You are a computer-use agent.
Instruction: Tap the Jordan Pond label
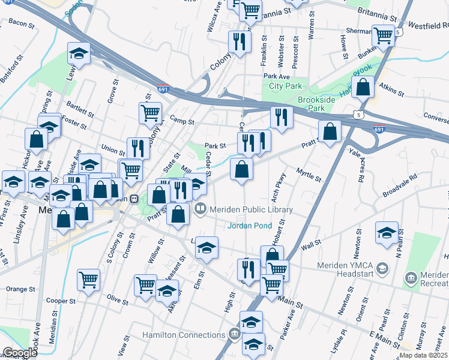click(250, 226)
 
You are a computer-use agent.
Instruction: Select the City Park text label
click(285, 86)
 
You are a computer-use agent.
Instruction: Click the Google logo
click(20, 353)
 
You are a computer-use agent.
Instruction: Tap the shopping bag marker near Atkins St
click(363, 88)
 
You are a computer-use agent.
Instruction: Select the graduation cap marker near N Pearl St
click(387, 232)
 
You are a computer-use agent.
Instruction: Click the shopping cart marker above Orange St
click(89, 279)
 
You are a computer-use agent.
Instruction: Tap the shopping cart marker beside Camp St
click(150, 112)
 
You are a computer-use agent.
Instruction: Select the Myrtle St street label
click(309, 175)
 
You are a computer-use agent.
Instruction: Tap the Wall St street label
click(312, 245)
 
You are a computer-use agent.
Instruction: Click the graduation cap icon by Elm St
click(206, 247)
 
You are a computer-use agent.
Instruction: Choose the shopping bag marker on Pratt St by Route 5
click(330, 131)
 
